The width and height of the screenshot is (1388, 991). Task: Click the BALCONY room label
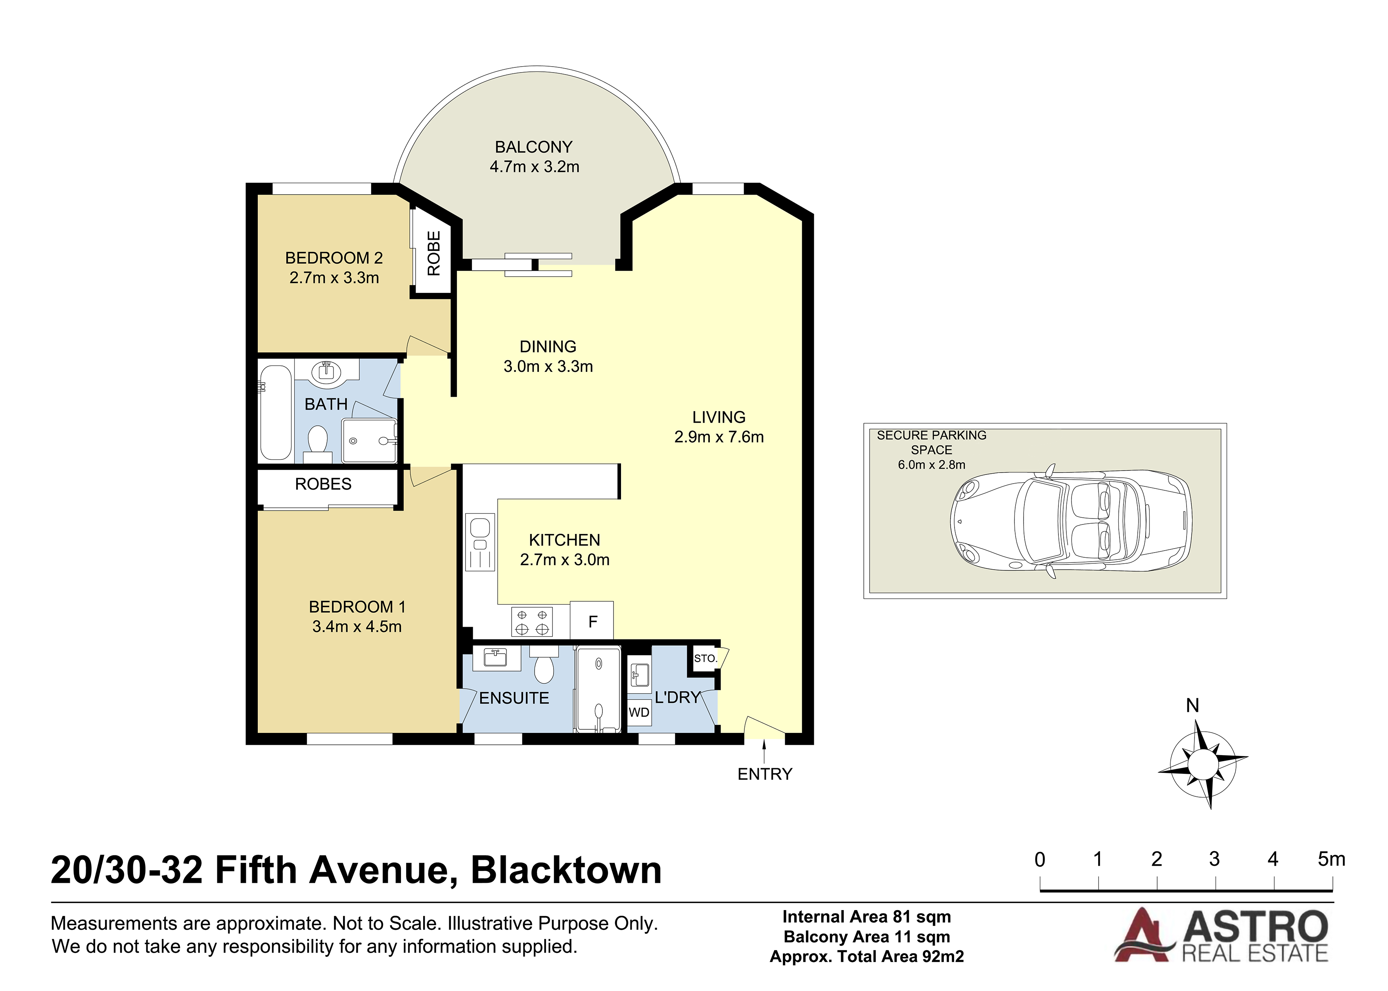(x=533, y=147)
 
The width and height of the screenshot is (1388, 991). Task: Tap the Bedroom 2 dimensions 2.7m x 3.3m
(x=334, y=277)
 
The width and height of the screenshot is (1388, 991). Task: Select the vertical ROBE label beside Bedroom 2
(x=433, y=253)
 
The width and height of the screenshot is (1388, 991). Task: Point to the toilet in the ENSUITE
(x=543, y=666)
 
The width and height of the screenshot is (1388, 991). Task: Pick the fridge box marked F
(x=591, y=621)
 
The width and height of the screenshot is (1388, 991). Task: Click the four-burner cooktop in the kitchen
(x=532, y=622)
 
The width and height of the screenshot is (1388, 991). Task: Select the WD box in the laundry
(x=639, y=712)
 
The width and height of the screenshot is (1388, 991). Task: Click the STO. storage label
(x=705, y=658)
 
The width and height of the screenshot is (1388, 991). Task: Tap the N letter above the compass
(x=1192, y=706)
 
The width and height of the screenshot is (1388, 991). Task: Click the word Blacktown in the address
(x=566, y=870)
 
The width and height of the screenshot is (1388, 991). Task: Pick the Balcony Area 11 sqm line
(x=867, y=937)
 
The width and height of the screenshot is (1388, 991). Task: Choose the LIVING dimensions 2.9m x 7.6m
(x=719, y=437)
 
